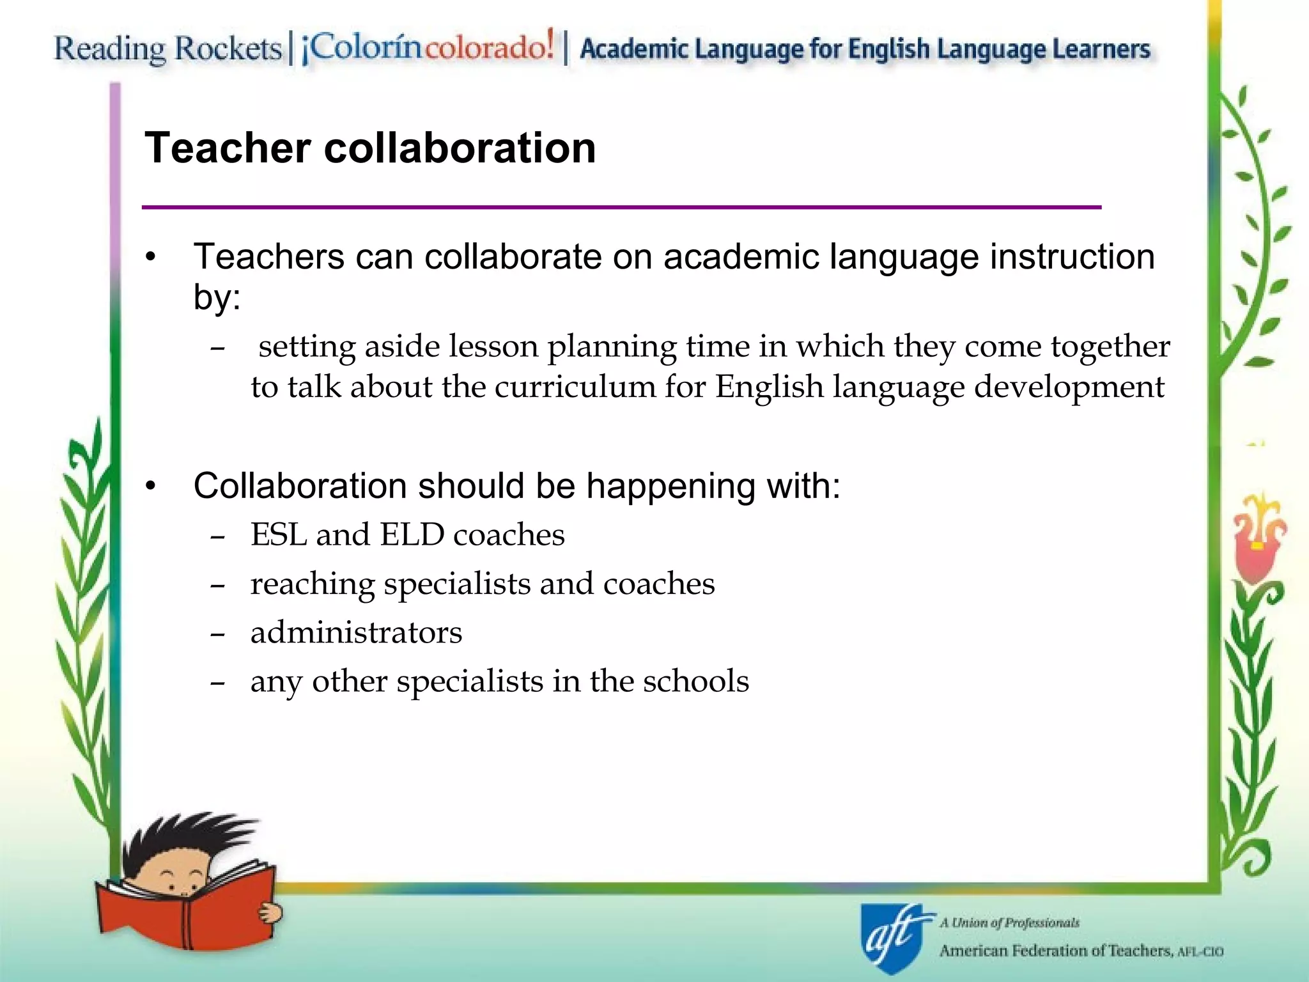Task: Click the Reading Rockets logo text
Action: [x=167, y=49]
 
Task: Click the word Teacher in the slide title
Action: [x=227, y=148]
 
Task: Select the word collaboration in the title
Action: [x=460, y=148]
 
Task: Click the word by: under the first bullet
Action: [x=217, y=297]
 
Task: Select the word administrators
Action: [x=356, y=632]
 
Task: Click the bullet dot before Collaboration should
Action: [x=150, y=487]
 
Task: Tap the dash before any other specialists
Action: [x=217, y=683]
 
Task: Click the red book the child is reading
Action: [x=185, y=908]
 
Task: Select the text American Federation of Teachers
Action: [x=1055, y=951]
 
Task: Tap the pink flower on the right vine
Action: [x=1256, y=543]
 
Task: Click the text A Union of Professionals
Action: [x=1009, y=923]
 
